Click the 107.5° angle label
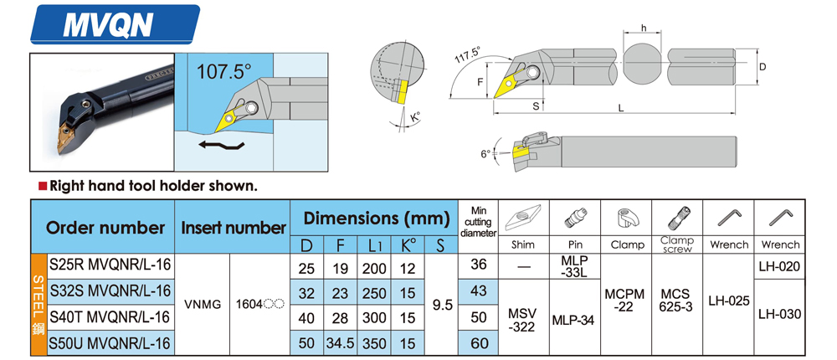(223, 72)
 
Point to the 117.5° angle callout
(467, 56)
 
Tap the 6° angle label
(485, 154)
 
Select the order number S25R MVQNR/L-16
(110, 265)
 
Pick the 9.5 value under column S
(441, 305)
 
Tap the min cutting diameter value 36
(479, 265)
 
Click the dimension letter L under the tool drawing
(620, 109)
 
